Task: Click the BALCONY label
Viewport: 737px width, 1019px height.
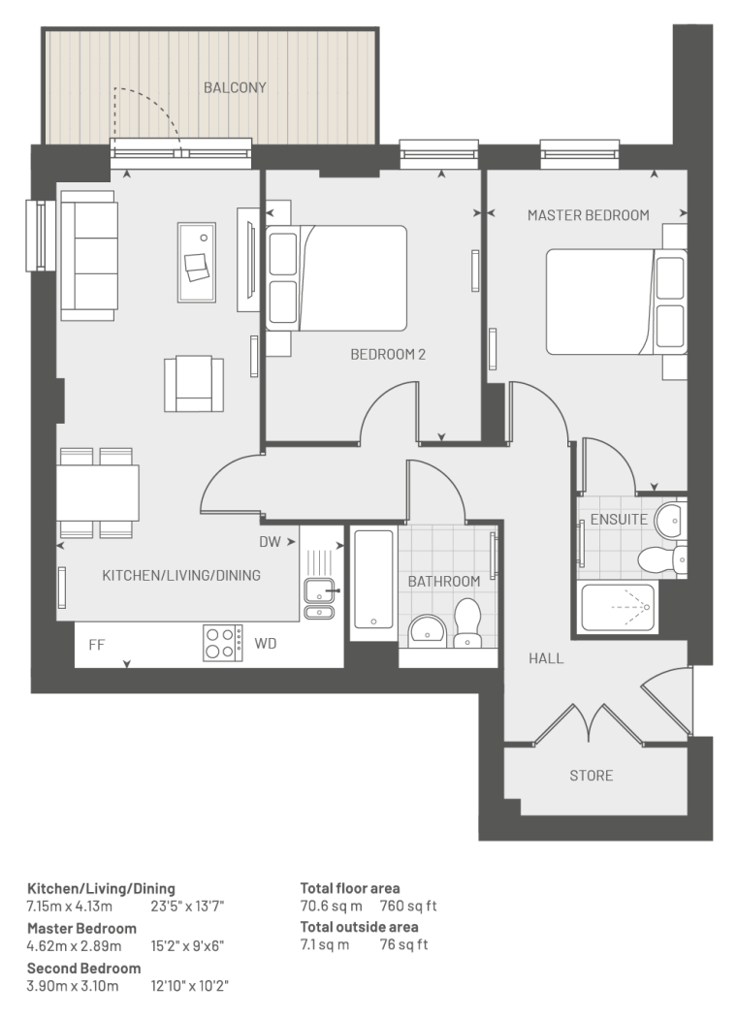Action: (x=235, y=87)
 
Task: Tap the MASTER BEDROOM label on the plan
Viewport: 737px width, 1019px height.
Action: (x=589, y=215)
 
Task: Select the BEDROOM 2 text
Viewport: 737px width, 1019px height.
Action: (x=388, y=354)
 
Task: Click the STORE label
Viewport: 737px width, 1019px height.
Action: (x=592, y=776)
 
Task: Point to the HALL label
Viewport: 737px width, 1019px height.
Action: (x=546, y=658)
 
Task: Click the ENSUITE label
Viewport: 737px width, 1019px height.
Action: (x=619, y=520)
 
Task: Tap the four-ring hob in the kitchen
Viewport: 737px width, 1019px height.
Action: (x=222, y=643)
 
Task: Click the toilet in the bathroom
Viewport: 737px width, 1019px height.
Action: (x=467, y=623)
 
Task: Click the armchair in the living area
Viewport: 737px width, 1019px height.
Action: (x=194, y=383)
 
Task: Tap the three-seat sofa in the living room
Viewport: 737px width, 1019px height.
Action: (x=89, y=256)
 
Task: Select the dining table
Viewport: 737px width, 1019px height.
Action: (x=98, y=493)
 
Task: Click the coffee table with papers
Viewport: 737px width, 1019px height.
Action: (x=197, y=262)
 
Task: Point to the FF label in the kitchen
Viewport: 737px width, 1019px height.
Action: (x=97, y=645)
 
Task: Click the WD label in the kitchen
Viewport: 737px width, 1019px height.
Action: (x=265, y=644)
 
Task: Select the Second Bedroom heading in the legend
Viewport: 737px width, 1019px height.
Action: (x=83, y=969)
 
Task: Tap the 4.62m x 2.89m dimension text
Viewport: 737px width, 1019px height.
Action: (x=74, y=945)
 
